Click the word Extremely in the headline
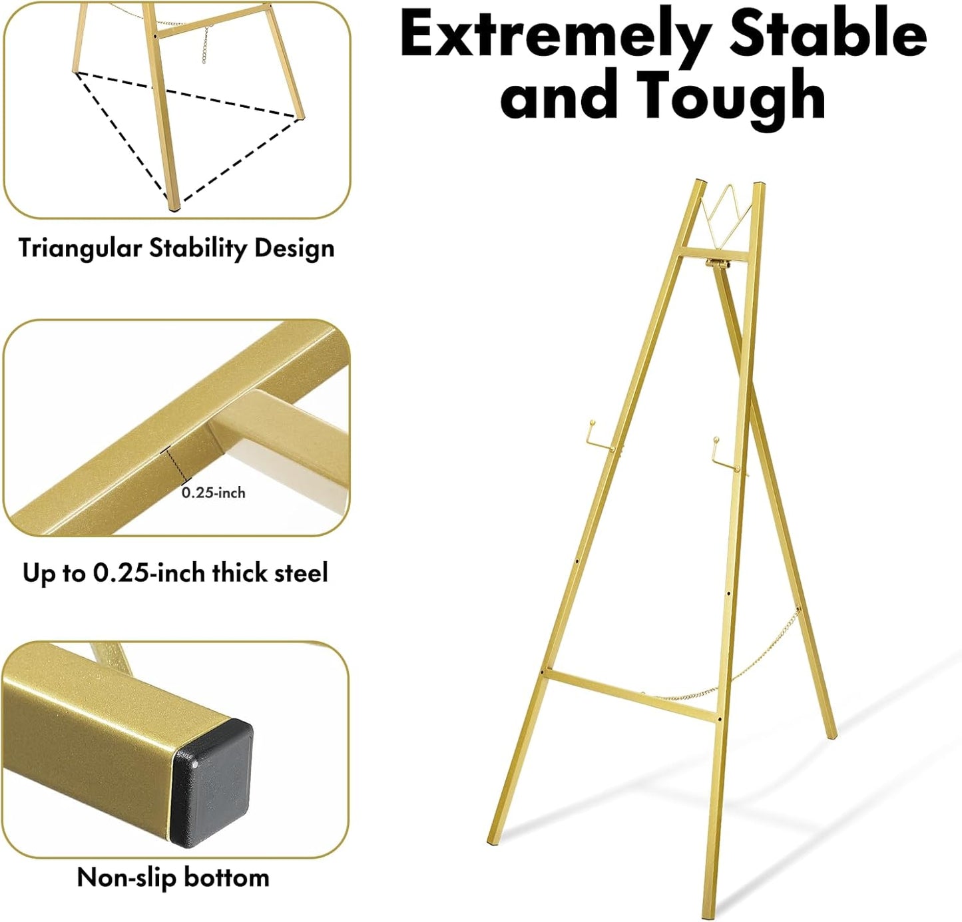558,35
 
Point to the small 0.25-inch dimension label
213,493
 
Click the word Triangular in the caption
80,248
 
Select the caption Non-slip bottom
173,877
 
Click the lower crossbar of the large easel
632,696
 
